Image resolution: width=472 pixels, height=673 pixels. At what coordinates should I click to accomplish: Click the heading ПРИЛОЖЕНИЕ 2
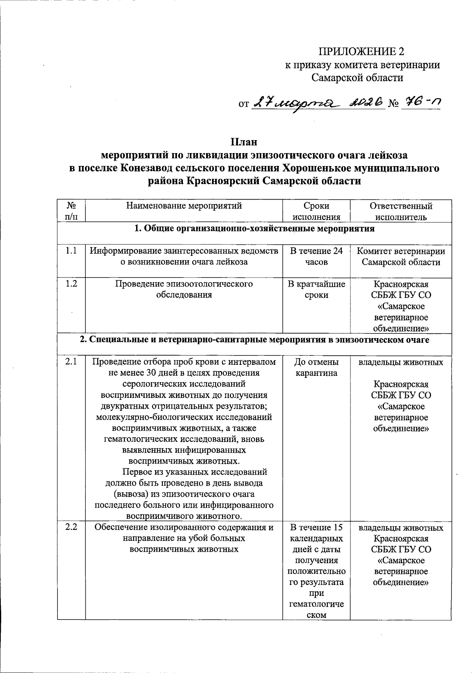(361, 52)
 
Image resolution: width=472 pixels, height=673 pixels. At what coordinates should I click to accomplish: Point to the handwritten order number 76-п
(420, 102)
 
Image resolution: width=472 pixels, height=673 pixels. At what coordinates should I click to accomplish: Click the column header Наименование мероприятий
(184, 206)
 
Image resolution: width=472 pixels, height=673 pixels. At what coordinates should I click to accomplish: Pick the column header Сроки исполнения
(316, 211)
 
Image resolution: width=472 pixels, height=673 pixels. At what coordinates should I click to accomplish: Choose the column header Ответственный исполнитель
(401, 211)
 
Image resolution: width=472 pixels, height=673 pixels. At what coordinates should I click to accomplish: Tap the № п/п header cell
(71, 211)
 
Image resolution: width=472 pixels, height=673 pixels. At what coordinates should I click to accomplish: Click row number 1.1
(71, 251)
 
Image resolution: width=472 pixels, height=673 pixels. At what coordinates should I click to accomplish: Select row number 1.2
(71, 284)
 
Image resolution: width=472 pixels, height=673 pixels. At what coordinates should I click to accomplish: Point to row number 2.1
(71, 362)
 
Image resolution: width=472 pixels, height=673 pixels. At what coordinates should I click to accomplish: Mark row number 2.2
(71, 527)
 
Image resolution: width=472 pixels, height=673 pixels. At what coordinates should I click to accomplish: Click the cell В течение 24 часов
(316, 256)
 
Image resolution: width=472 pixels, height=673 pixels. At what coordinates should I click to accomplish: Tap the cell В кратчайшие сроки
(316, 289)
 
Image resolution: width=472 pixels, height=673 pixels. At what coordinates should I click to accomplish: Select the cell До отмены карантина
(316, 367)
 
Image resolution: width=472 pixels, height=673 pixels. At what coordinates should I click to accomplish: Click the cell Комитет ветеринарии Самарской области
(401, 256)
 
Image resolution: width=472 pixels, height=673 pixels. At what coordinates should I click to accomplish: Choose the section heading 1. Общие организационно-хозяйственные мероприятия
(254, 229)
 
